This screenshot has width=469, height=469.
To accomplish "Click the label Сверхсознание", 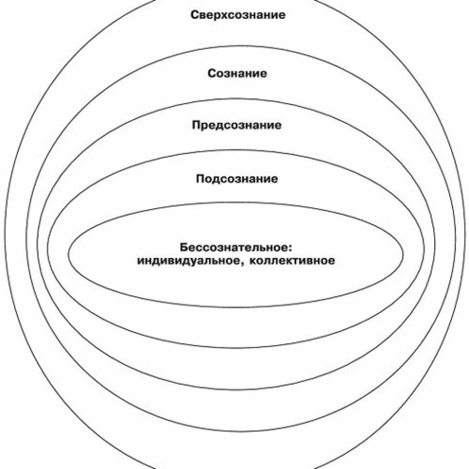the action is click(x=238, y=15).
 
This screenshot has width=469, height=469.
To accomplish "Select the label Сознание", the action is click(x=237, y=73).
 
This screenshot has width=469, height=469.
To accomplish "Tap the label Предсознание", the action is click(x=237, y=125).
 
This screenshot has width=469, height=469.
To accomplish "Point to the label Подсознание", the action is click(x=237, y=179).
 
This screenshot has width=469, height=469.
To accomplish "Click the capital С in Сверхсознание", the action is click(x=194, y=15).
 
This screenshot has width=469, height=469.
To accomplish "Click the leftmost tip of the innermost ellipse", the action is click(x=68, y=255).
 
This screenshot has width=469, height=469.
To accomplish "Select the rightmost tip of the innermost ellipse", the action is click(x=403, y=255).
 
